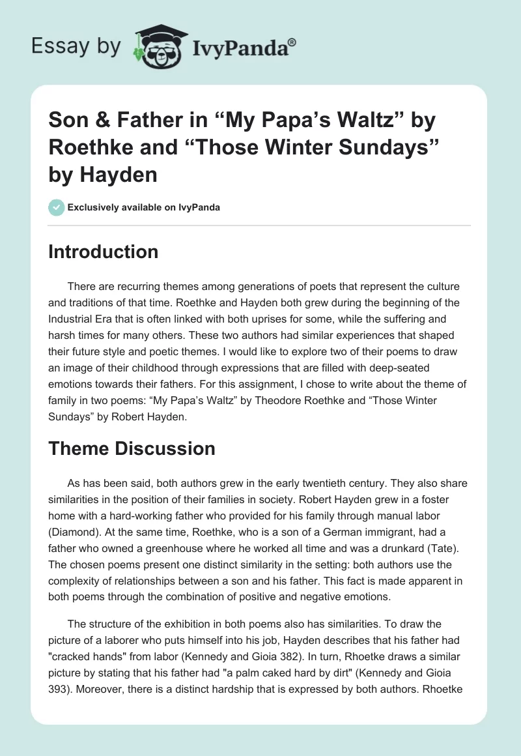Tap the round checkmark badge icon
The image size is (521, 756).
(x=56, y=207)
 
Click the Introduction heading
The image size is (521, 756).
(x=103, y=252)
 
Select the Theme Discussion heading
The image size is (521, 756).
(x=132, y=448)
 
